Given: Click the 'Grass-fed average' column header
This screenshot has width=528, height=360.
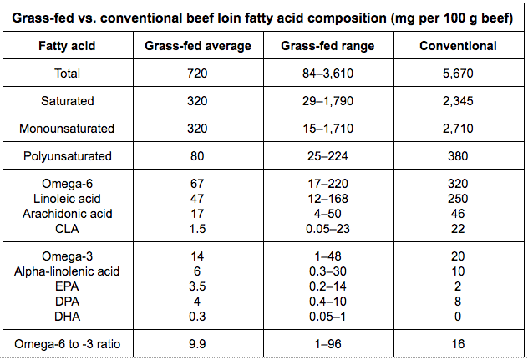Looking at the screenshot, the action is [198, 46].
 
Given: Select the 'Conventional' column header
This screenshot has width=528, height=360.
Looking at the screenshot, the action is [458, 46].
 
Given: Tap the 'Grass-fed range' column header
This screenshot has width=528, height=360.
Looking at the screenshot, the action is [327, 46].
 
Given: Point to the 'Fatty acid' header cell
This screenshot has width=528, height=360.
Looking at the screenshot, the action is [67, 46].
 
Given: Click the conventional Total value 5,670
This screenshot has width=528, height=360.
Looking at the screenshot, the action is [458, 74].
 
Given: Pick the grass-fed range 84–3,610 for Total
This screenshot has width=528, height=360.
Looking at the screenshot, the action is [327, 74].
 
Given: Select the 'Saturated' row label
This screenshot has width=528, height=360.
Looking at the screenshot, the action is [68, 101].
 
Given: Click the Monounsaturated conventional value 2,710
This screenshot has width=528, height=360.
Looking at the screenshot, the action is [458, 129].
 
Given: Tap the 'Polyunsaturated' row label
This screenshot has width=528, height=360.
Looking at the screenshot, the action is [68, 156].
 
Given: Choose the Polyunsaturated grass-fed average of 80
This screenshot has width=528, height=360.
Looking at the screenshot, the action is [197, 156].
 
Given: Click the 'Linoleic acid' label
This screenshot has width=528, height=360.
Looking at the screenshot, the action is [67, 199].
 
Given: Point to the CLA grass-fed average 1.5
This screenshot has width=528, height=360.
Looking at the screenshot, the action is [197, 229].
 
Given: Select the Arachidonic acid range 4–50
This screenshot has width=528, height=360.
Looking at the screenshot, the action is [327, 214].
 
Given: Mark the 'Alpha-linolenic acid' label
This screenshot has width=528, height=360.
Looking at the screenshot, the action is [67, 271].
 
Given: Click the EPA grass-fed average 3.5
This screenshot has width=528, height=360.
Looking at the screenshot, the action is [197, 286].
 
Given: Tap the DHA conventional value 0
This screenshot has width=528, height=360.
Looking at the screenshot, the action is [458, 317].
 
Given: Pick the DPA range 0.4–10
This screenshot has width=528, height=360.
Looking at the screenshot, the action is [327, 302].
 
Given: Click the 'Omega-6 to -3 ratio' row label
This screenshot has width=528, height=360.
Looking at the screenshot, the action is [68, 344].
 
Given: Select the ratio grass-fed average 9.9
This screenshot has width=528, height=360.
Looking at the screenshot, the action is [197, 344].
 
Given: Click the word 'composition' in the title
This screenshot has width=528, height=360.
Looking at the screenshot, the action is [347, 18].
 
